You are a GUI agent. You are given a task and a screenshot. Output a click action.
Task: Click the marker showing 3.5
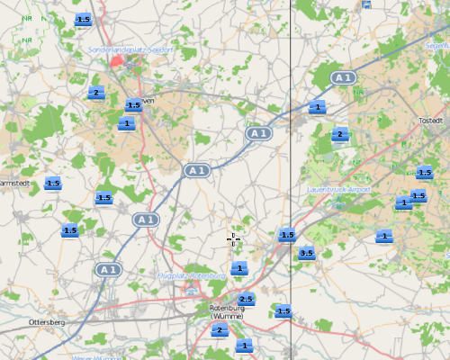click(306, 254)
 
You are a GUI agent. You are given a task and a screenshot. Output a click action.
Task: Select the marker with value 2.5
click(246, 299)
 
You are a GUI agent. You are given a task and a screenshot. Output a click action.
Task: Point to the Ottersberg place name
click(47, 321)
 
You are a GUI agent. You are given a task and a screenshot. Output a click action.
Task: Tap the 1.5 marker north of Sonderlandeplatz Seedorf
click(83, 20)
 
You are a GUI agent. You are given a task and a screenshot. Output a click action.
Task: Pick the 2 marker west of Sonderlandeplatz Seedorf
click(95, 93)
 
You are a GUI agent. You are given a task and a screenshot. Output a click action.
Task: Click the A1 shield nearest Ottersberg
click(109, 269)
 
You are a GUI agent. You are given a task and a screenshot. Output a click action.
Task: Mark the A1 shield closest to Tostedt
click(341, 78)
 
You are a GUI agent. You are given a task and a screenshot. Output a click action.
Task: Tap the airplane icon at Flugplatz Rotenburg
click(192, 288)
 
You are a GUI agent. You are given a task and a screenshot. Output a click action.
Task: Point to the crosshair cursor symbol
click(232, 238)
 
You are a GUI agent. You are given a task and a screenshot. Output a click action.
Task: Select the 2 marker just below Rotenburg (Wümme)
click(218, 331)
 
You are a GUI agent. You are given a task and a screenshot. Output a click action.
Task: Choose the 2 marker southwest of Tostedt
click(338, 136)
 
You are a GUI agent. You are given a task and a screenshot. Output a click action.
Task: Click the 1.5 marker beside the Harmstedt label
click(52, 184)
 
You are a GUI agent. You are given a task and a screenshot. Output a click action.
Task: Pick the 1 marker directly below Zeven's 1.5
click(126, 124)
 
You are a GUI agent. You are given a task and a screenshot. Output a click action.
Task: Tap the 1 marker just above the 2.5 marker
click(238, 268)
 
